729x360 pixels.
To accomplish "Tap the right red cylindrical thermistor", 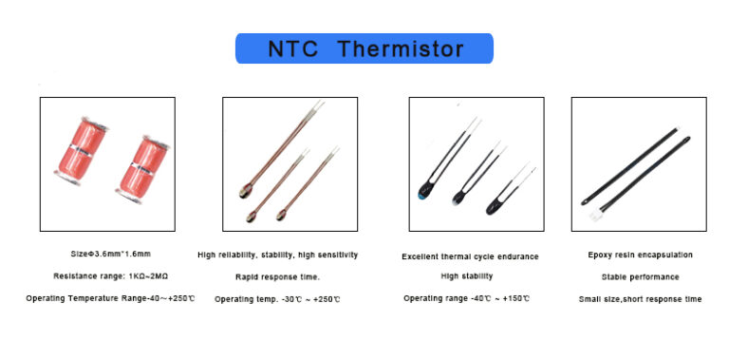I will coord(145,169).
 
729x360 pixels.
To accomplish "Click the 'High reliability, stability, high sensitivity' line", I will coord(278,255).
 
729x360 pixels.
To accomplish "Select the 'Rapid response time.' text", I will coord(278,276).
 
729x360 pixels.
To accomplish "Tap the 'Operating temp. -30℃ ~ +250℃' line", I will coord(277,299).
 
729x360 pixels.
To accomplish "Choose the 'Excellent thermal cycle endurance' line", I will coord(470,256).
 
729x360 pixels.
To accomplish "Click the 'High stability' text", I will coord(466,276).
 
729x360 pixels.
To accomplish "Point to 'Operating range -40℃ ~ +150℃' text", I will coord(467,299).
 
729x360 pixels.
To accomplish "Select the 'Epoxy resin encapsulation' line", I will coord(641,255).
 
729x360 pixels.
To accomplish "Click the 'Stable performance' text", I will coord(641,276).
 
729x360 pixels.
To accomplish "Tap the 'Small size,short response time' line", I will coord(641,299).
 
